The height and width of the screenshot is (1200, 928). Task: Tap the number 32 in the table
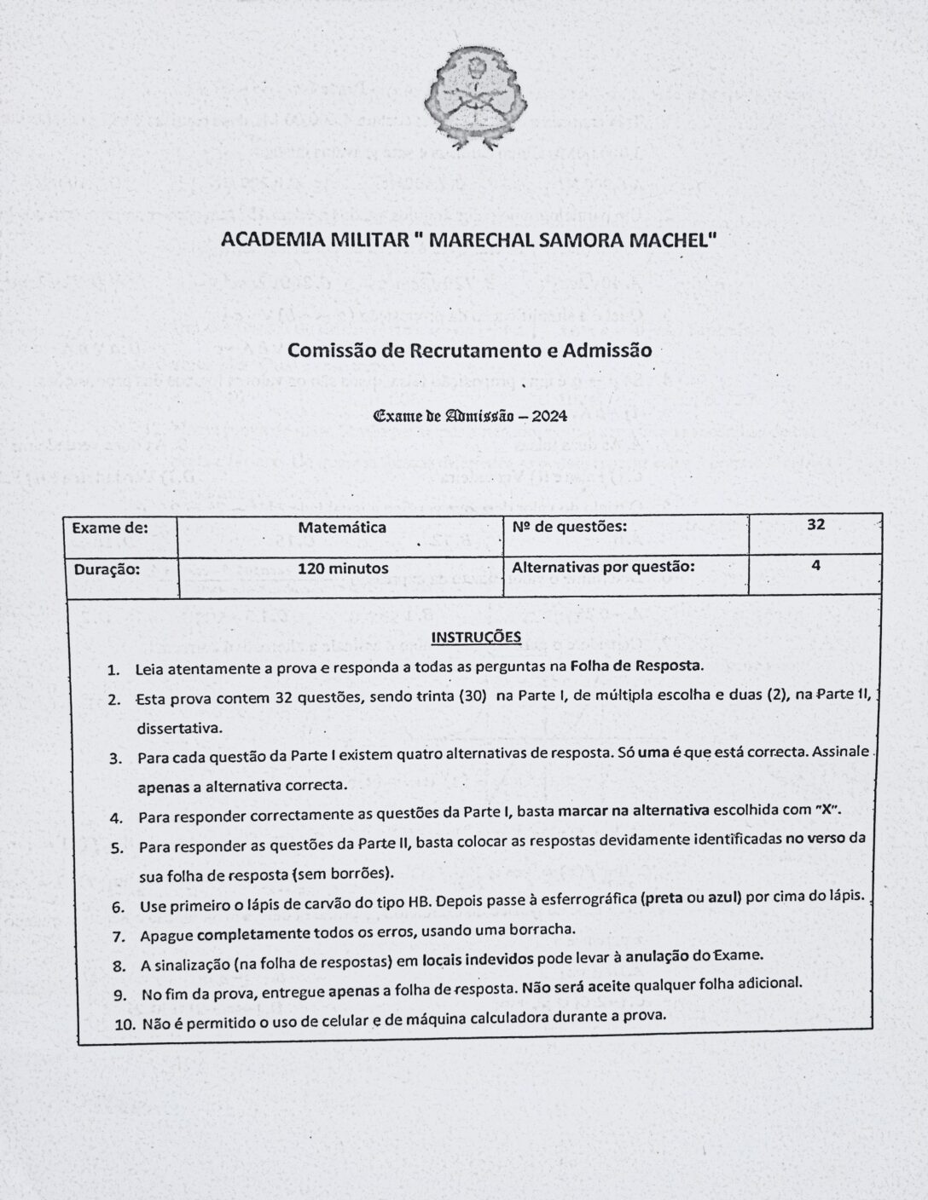point(815,525)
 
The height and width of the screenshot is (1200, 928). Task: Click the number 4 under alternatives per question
point(815,565)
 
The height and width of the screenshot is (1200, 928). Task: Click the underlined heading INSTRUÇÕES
point(476,637)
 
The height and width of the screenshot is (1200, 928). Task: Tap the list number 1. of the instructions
point(113,670)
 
